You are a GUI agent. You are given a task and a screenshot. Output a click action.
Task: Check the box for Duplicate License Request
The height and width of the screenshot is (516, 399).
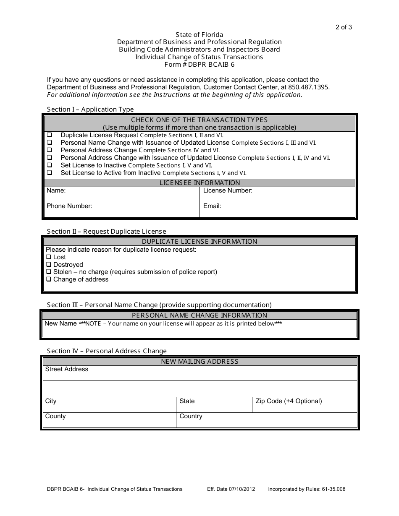coord(50,135)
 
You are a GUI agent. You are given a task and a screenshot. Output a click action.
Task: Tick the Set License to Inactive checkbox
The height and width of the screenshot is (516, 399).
coord(50,165)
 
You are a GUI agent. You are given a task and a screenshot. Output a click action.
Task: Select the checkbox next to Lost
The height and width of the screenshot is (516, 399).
coord(49,257)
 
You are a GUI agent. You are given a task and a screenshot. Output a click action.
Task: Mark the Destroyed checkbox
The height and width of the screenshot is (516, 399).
coord(49,265)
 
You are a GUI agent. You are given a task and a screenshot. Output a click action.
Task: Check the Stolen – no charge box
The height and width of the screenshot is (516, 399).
coord(49,272)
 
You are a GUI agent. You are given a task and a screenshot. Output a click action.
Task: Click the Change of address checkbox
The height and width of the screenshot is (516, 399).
coord(49,279)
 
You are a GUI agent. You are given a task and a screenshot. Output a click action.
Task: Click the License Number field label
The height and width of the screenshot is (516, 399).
coord(228,191)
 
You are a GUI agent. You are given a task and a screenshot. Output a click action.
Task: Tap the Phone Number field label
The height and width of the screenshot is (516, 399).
coord(69,206)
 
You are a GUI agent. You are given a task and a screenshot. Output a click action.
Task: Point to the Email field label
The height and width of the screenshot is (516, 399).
coord(212,206)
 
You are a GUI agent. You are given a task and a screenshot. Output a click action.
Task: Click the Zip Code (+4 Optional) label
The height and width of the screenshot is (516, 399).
coord(289,401)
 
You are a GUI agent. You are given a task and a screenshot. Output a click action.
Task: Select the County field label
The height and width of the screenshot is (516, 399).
coord(55,416)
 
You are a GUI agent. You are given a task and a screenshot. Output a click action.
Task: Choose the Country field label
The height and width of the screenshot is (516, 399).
coord(191,416)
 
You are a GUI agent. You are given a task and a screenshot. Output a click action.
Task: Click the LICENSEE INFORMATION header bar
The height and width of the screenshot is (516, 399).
coord(199,183)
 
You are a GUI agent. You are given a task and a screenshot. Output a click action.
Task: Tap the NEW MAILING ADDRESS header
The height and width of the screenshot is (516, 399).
coord(199,362)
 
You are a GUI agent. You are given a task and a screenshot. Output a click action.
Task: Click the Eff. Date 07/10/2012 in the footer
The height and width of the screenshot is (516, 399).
coord(231,489)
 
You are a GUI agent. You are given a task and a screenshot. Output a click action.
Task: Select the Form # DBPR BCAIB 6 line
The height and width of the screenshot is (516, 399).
coord(199,65)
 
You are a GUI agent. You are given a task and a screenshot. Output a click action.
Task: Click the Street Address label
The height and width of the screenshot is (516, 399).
coord(67,369)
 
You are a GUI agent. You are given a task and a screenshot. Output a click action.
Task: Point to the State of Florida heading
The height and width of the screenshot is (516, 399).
coord(199,34)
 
